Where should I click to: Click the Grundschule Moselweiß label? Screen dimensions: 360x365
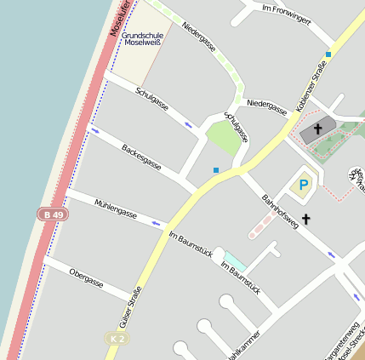click(x=142, y=38)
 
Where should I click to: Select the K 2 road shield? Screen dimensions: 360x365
click(x=118, y=339)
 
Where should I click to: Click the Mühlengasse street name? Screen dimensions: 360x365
click(x=116, y=209)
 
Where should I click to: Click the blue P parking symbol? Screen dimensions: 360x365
click(x=303, y=184)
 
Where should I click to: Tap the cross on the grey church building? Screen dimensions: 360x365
click(x=318, y=129)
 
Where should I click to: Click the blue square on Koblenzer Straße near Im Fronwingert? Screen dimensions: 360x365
click(x=328, y=54)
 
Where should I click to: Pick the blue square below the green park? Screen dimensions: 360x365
click(x=216, y=170)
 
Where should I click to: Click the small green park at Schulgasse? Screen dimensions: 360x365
click(x=223, y=137)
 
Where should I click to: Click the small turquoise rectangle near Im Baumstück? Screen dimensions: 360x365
click(x=235, y=260)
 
